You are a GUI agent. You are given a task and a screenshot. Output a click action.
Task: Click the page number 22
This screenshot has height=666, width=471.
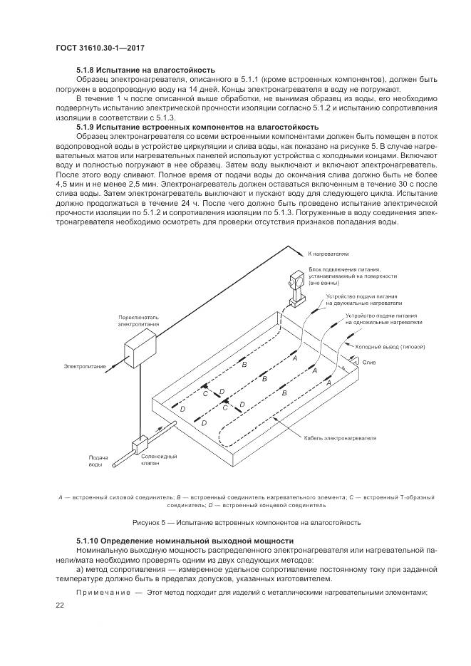tap(60, 605)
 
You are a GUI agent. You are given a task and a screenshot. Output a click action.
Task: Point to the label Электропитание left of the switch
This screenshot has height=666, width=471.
tap(85, 366)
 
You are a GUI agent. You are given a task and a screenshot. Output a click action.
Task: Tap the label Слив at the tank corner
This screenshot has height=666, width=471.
tap(369, 362)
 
